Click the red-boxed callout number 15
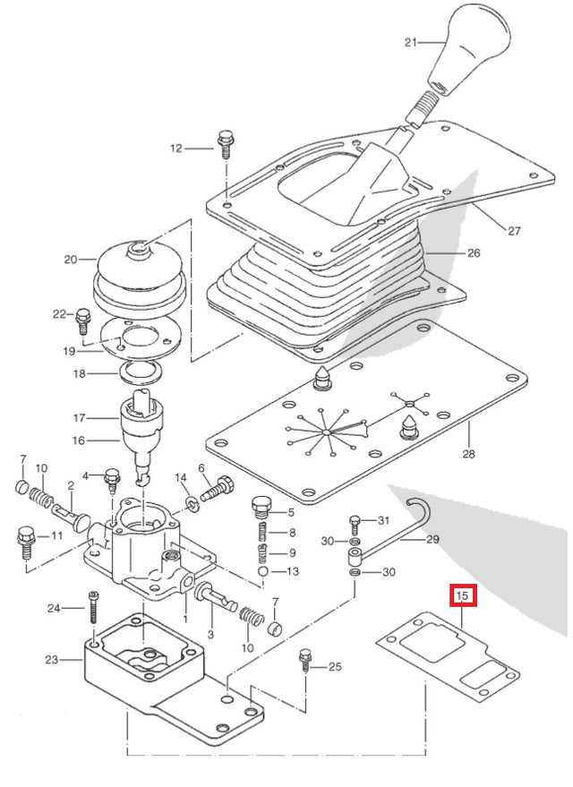(x=463, y=595)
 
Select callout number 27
(x=514, y=231)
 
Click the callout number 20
(x=71, y=261)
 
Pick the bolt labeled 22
(x=84, y=316)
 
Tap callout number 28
(x=468, y=455)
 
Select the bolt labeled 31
(x=355, y=521)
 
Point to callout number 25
(x=335, y=666)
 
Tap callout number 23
(x=51, y=660)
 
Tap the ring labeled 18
(x=141, y=371)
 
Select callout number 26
(x=474, y=253)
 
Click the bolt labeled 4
(x=113, y=477)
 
